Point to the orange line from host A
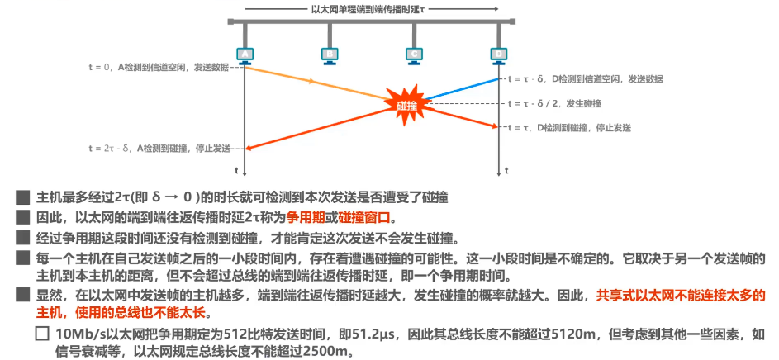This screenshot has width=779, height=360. tap(314, 83)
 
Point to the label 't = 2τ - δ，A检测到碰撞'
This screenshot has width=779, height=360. tap(161, 149)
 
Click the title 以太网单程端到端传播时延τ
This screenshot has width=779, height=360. tap(370, 9)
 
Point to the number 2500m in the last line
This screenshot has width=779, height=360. tap(325, 351)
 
